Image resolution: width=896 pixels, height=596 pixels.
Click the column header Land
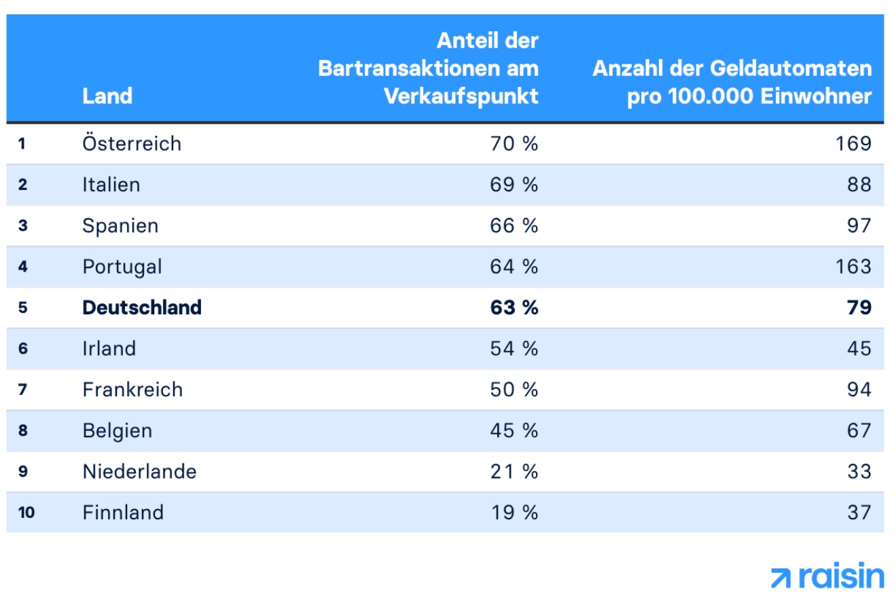107,96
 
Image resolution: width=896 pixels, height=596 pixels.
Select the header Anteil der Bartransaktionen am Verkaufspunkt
428,69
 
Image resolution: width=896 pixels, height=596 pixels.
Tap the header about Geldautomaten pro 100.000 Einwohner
732,82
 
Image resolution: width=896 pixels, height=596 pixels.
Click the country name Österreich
132,143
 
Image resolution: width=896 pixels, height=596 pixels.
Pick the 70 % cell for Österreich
514,143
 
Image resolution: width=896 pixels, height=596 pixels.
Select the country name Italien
111,185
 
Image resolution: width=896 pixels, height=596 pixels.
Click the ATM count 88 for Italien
859,185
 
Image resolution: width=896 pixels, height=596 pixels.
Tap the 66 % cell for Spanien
514,225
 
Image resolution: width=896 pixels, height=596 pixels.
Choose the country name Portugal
122,267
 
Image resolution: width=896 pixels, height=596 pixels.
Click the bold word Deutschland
142,308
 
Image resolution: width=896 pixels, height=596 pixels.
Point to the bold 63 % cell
514,308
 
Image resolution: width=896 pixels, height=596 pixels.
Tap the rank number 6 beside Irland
23,349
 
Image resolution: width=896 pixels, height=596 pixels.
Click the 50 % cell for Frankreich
514,390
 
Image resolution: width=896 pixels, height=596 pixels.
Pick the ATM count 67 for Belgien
859,430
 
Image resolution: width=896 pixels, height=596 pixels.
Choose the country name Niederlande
139,471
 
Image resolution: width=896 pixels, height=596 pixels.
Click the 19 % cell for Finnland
514,512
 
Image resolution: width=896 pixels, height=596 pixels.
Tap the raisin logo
827,576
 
